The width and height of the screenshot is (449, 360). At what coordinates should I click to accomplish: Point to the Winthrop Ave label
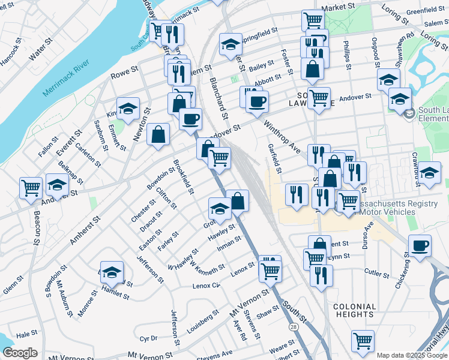click(x=282, y=137)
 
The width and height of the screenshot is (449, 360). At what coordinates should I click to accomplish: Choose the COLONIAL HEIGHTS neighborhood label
click(x=354, y=310)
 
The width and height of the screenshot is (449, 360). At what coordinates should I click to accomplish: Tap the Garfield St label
click(x=275, y=158)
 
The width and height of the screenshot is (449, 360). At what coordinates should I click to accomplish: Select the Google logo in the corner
click(x=20, y=353)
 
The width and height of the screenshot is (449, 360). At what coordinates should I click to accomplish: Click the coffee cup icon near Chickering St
click(x=420, y=246)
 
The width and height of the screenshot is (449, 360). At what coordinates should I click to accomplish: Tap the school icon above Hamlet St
click(x=112, y=273)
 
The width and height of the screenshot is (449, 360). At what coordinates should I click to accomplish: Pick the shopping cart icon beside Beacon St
click(x=31, y=187)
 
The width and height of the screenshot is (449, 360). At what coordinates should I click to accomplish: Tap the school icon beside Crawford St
click(x=429, y=173)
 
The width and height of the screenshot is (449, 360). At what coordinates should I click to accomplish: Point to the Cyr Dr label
click(x=148, y=339)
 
